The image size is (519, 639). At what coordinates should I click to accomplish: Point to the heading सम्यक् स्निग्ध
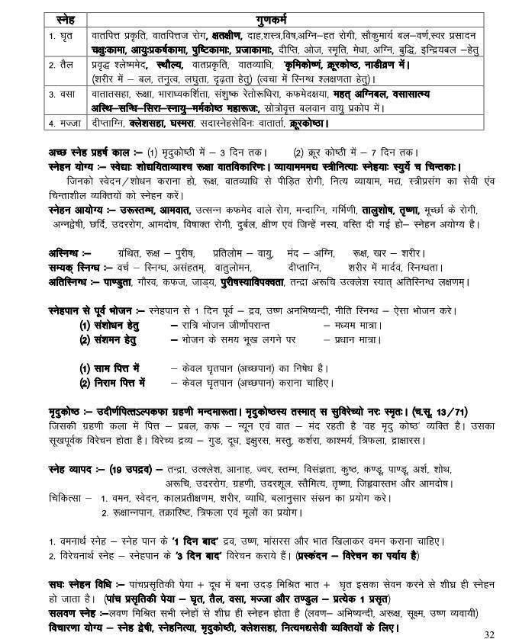(67, 267)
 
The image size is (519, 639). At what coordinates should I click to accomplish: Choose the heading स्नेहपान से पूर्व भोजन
(86, 310)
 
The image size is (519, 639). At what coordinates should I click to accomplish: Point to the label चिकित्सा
(59, 497)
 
